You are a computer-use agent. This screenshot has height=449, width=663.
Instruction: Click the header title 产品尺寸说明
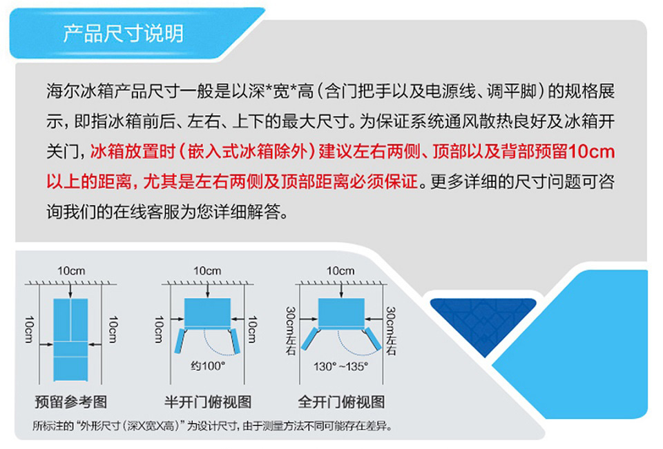(x=123, y=33)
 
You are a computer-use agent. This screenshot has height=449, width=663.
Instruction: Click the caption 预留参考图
(x=70, y=401)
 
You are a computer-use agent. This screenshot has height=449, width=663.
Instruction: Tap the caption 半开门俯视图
(x=208, y=401)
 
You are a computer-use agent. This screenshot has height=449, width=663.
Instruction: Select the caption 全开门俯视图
(x=341, y=401)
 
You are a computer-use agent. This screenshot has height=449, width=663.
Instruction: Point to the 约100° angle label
(x=208, y=366)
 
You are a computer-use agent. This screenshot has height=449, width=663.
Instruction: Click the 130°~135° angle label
(x=340, y=366)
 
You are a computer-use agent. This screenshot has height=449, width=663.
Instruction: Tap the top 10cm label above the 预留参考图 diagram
(x=71, y=271)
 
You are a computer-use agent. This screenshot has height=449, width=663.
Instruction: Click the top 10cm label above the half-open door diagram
(x=207, y=271)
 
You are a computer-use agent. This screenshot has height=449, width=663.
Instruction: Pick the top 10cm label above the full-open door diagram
(x=340, y=271)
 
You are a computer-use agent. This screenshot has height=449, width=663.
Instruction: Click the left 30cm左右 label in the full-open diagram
(x=291, y=331)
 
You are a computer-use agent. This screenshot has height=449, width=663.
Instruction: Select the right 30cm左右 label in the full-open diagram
(x=391, y=331)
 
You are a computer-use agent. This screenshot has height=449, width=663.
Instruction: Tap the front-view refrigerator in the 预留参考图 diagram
(x=70, y=339)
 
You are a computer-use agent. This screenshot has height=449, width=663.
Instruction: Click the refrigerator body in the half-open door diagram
(x=207, y=313)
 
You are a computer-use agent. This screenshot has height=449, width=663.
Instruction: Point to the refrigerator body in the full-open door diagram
(x=341, y=313)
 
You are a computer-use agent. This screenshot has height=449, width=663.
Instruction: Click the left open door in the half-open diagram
(x=180, y=341)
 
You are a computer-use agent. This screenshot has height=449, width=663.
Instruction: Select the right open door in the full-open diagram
(x=372, y=339)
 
